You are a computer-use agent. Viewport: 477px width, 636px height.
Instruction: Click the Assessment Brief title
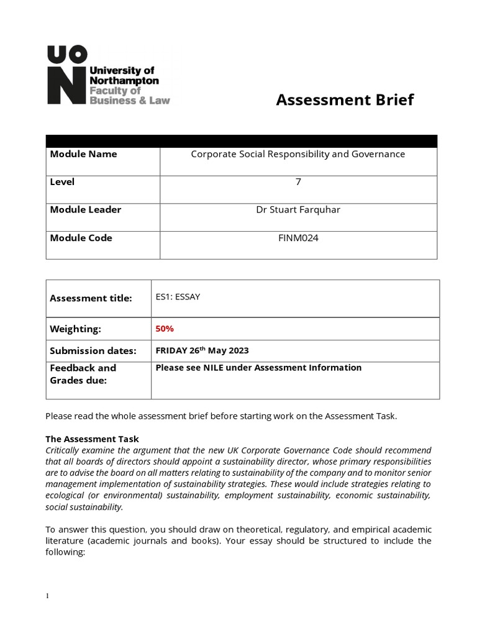344,99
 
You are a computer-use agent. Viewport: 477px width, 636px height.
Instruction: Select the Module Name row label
83,154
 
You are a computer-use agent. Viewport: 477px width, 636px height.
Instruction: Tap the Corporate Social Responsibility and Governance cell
298,154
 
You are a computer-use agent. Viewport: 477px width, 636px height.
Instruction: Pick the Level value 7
298,182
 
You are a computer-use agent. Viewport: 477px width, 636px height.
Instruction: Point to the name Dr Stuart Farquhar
298,210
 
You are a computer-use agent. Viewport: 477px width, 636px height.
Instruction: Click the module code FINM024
298,238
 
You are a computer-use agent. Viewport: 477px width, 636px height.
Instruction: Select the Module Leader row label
86,210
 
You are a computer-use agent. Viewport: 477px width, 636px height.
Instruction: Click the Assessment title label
91,298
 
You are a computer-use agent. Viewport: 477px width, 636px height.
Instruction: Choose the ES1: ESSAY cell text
178,297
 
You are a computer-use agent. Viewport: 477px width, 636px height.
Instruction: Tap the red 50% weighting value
165,328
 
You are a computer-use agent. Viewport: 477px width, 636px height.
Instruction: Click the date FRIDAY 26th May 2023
202,350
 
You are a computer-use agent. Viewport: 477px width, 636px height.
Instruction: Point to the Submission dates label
93,351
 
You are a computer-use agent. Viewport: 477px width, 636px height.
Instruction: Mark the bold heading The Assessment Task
93,439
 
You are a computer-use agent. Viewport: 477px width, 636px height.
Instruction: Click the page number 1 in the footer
47,596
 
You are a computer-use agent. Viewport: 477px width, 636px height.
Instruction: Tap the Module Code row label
81,238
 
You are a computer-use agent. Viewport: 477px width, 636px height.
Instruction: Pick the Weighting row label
75,329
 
